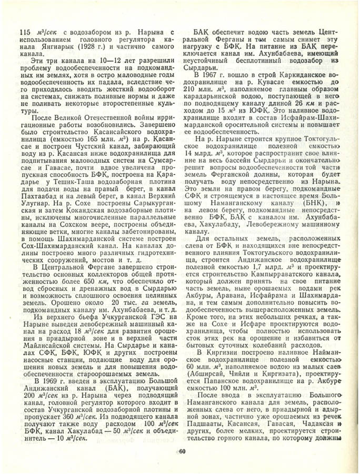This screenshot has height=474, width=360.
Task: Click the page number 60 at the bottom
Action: click(182, 451)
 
